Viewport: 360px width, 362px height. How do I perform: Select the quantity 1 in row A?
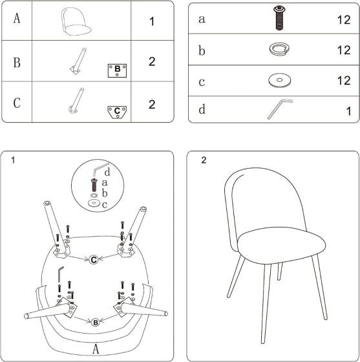point(152,21)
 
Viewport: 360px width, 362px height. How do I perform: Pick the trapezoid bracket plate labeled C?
point(117,111)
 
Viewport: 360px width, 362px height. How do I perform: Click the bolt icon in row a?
point(280,19)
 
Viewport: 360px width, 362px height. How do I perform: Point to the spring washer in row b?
point(280,50)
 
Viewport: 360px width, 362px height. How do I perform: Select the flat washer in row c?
point(280,81)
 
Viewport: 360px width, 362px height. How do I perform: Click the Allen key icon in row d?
point(279,109)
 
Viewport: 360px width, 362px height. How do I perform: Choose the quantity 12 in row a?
point(343,20)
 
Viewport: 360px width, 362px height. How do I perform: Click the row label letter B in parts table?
point(17,63)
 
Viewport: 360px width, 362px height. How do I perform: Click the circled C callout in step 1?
point(94,260)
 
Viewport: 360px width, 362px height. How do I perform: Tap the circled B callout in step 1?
point(95,322)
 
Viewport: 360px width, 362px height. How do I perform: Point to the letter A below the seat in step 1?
point(95,348)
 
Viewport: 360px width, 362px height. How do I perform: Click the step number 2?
point(204,160)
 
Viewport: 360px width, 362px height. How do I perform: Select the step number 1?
point(13,160)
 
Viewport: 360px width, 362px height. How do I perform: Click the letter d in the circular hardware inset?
point(107,172)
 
